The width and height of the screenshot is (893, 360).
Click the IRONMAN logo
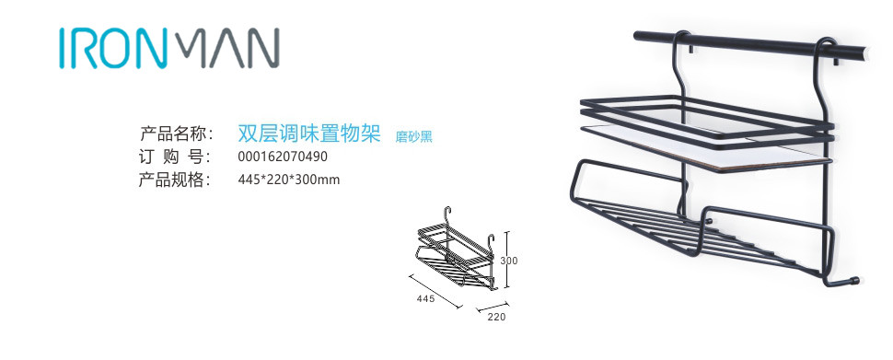[x=169, y=47]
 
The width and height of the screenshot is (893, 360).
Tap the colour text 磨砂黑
[x=414, y=137]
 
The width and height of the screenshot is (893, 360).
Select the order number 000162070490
[x=283, y=157]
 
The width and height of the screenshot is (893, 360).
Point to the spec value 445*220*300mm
[x=289, y=180]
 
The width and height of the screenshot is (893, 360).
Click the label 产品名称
[x=176, y=134]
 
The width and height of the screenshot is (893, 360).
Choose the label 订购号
[x=176, y=157]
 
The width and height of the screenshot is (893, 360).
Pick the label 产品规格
[x=176, y=180]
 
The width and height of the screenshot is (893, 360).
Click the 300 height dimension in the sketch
[x=509, y=261]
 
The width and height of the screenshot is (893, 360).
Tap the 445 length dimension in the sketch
[x=424, y=298]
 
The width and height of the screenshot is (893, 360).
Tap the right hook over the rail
[x=826, y=46]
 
